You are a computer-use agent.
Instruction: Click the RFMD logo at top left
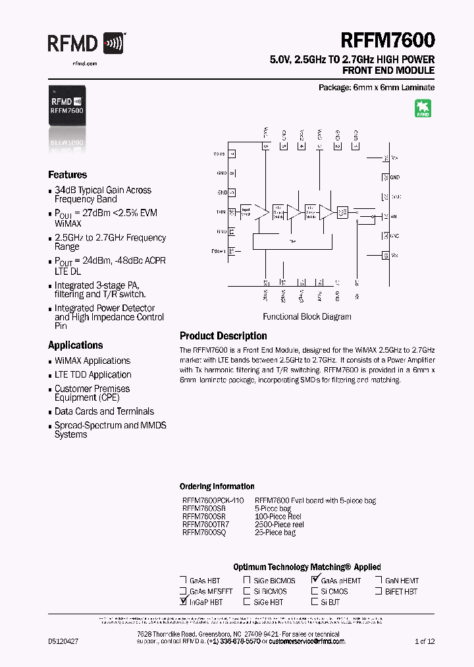tap(85, 45)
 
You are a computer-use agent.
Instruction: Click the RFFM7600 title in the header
tap(388, 41)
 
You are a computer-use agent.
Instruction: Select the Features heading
tap(67, 175)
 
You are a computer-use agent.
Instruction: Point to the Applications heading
tap(75, 345)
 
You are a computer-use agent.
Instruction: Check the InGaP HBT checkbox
tap(183, 602)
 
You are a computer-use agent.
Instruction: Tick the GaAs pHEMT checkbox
tap(315, 581)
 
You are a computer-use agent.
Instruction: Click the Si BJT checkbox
tap(315, 602)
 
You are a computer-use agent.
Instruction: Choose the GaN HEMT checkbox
tap(379, 581)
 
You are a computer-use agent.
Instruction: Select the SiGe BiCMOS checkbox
tap(247, 581)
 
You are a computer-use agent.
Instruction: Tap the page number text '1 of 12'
tap(424, 641)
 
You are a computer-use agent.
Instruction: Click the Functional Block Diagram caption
tap(307, 316)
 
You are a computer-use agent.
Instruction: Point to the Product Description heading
tap(223, 336)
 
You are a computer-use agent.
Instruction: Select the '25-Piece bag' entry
tap(275, 533)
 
